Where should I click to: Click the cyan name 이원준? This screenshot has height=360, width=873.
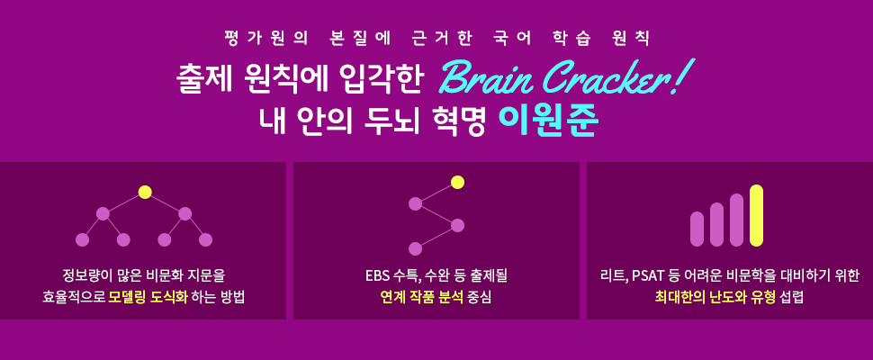click(x=548, y=121)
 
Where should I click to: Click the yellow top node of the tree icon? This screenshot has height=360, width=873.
click(x=145, y=193)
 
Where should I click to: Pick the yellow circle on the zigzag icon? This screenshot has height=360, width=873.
click(x=457, y=183)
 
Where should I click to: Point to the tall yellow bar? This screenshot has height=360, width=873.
click(x=756, y=215)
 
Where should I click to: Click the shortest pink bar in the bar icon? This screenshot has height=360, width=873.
click(x=697, y=229)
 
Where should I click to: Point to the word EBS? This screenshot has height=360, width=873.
click(x=377, y=275)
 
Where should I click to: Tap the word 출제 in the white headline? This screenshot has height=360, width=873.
click(x=203, y=80)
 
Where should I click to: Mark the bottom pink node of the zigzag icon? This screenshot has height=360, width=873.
click(x=415, y=248)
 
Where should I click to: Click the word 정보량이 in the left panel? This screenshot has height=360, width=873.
click(x=83, y=275)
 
